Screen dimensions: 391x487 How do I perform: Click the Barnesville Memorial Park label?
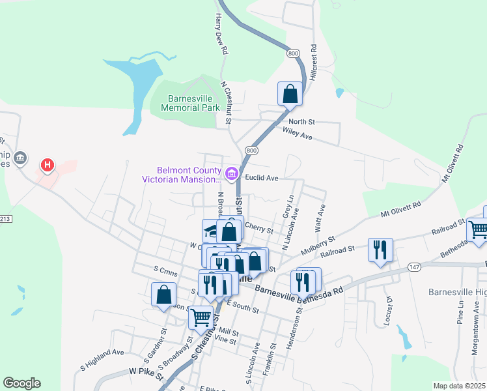pyautogui.click(x=188, y=103)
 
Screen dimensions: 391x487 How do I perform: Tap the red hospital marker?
pyautogui.click(x=47, y=166)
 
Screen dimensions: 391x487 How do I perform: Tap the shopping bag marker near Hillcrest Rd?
pyautogui.click(x=290, y=94)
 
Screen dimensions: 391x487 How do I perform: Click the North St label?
pyautogui.click(x=301, y=122)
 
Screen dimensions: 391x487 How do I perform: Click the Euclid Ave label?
pyautogui.click(x=262, y=177)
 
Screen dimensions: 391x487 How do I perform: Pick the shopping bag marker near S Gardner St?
pyautogui.click(x=163, y=295)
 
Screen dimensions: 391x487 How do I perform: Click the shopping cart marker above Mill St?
pyautogui.click(x=201, y=319)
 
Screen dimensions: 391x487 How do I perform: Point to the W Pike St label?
pyautogui.click(x=145, y=371)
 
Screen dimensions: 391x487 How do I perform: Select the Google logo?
pyautogui.click(x=21, y=383)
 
